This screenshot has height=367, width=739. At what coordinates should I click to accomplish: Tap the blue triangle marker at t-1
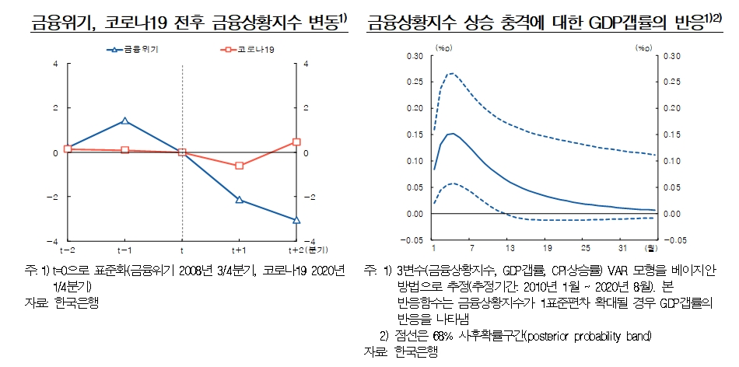click(x=124, y=121)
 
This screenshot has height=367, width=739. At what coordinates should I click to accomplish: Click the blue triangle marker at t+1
click(x=239, y=200)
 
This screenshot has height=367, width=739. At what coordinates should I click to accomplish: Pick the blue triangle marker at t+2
click(x=296, y=220)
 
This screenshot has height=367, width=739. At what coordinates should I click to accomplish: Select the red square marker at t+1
click(x=239, y=166)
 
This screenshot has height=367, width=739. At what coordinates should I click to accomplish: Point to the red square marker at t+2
click(x=296, y=142)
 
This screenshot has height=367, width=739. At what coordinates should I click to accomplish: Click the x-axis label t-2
click(x=68, y=250)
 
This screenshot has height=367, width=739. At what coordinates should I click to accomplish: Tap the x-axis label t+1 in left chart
click(x=239, y=250)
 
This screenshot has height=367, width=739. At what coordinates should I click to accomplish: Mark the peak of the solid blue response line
click(x=451, y=134)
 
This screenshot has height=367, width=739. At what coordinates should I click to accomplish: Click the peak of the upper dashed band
click(x=450, y=74)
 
